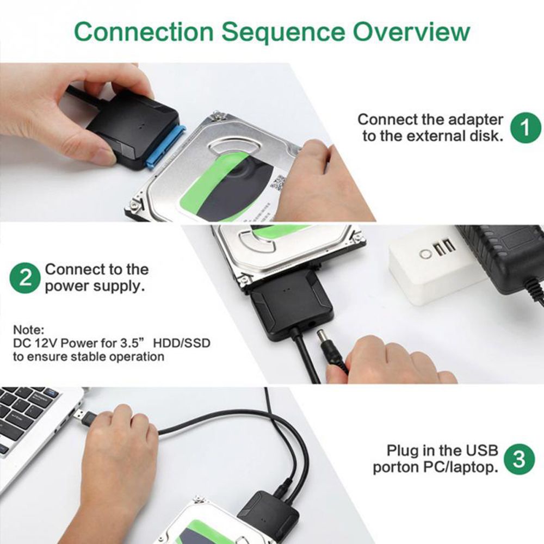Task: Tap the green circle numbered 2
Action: point(26,278)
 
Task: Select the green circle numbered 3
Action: point(520,460)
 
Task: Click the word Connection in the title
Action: point(144,32)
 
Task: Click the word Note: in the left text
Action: point(28,330)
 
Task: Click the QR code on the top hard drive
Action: point(278,181)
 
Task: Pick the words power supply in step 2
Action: point(95,286)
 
